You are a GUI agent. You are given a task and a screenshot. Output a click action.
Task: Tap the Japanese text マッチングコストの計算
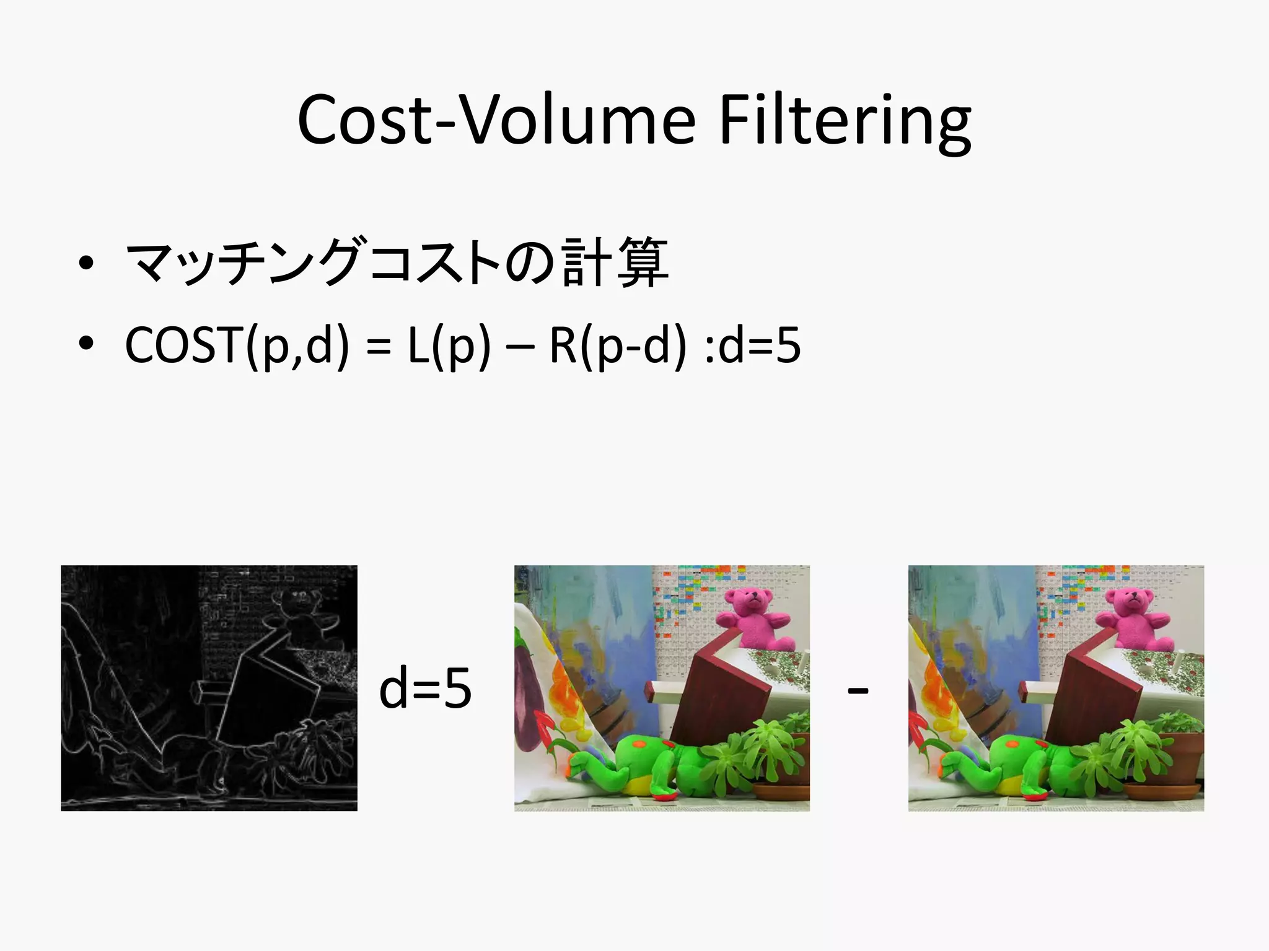point(397,263)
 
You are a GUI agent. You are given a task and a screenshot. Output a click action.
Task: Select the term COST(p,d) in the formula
point(237,345)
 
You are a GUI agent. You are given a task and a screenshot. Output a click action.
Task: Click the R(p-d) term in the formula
point(618,345)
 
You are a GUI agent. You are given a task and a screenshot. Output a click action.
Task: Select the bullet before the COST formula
point(86,343)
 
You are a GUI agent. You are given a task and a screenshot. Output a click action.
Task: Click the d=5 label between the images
point(425,688)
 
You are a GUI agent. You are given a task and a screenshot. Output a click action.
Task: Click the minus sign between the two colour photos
point(858,690)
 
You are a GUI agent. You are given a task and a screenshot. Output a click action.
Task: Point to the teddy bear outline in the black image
point(304,613)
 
